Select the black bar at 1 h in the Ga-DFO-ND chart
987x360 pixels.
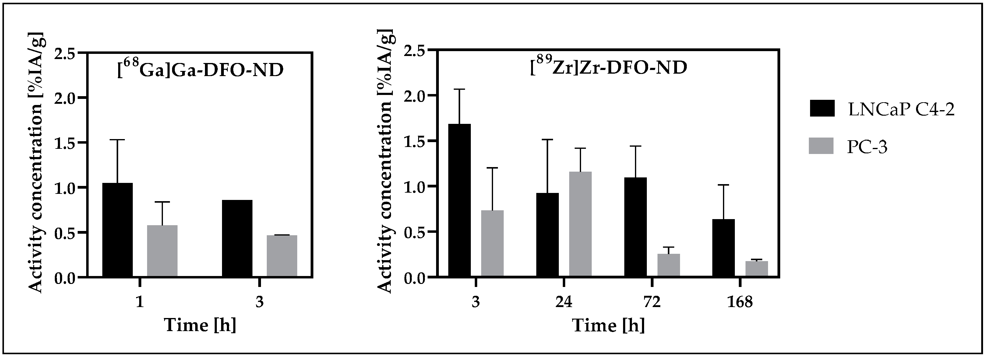[x=117, y=230]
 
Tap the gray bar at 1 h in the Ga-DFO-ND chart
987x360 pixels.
[x=162, y=251]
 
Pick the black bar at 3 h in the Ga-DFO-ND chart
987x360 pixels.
[x=237, y=238]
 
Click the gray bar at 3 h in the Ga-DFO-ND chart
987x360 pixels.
[x=282, y=256]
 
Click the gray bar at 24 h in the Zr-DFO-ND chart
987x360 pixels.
[x=580, y=224]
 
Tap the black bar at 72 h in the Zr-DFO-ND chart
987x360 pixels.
[x=635, y=227]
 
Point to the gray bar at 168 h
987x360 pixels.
[x=756, y=268]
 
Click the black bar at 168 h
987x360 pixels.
[x=723, y=248]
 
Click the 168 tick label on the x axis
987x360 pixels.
[x=740, y=302]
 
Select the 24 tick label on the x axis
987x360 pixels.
[x=564, y=302]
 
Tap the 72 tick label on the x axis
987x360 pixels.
[x=652, y=302]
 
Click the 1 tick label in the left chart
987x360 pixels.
[x=140, y=302]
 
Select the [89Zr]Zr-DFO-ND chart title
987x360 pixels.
[x=608, y=68]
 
